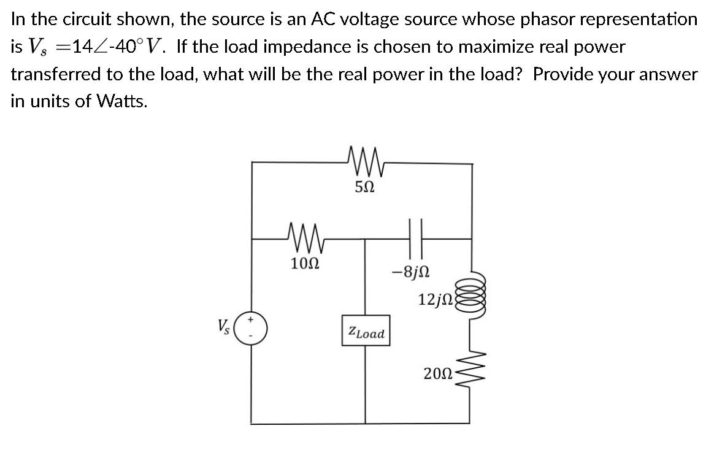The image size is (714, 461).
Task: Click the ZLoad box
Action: click(366, 333)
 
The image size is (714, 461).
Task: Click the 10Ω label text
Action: click(305, 264)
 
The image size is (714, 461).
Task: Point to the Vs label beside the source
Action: click(225, 325)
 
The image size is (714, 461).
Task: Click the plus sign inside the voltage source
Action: click(251, 320)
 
